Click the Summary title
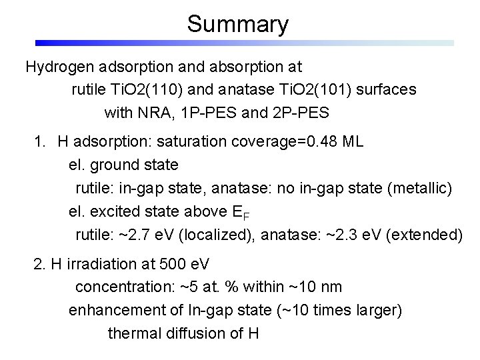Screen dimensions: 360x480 point(238,24)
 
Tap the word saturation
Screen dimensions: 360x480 point(197,142)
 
